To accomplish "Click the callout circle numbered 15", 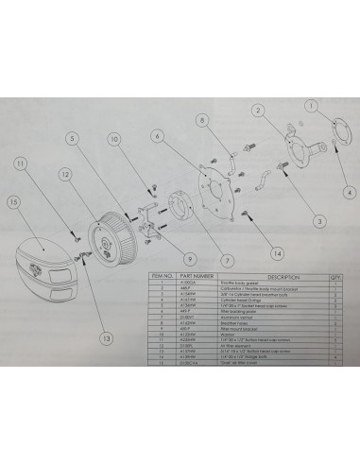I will tap(13, 201).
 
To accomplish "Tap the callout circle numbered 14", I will tap(277, 253).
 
